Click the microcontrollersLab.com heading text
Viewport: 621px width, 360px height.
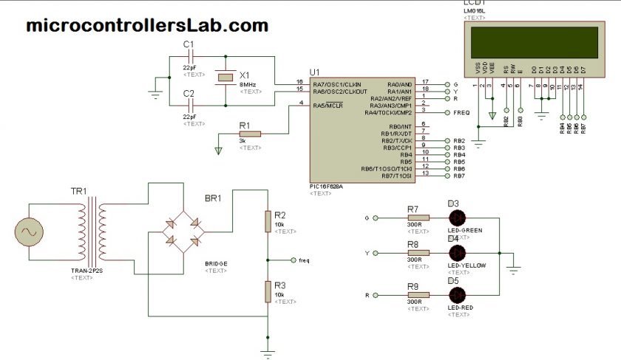tap(146, 26)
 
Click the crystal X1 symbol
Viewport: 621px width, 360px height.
tap(222, 78)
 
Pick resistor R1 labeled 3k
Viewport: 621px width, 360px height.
tap(250, 134)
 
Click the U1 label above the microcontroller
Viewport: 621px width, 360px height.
tap(314, 71)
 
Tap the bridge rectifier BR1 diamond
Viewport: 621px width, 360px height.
tap(185, 231)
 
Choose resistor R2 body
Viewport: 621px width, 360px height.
tap(268, 221)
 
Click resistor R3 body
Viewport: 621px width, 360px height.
tap(268, 291)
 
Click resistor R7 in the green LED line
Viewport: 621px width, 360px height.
tap(418, 217)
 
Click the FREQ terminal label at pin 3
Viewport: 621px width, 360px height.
tap(461, 112)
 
